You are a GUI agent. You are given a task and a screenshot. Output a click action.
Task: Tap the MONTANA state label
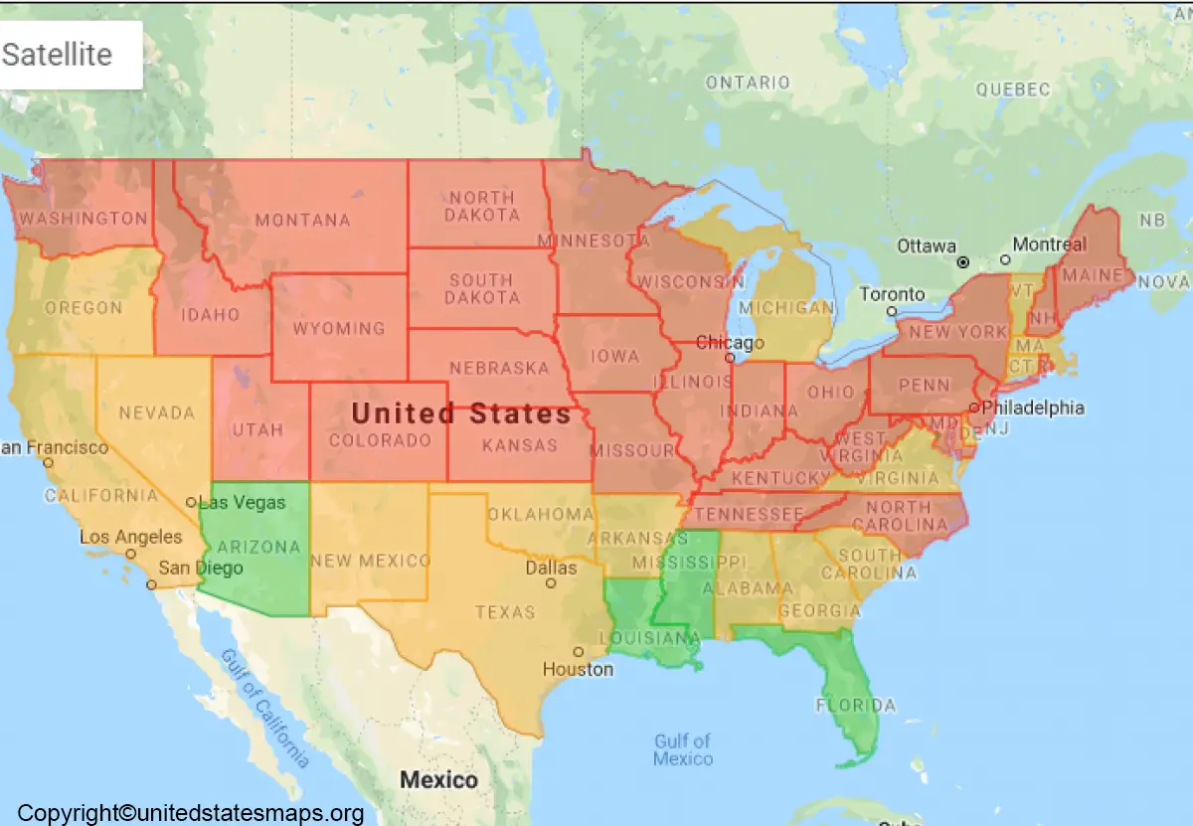pos(302,221)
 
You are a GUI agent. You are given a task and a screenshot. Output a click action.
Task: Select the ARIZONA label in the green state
pos(258,547)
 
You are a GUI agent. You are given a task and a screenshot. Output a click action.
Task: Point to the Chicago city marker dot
pos(730,357)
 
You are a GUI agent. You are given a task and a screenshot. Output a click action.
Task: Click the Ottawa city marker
pos(962,261)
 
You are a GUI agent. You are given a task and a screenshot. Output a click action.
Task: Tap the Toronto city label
pos(892,294)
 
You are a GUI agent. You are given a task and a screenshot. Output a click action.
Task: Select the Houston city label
pos(578,669)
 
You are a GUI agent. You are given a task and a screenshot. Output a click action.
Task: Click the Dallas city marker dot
pos(551,583)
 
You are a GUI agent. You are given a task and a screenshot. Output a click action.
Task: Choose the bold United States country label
pos(461,413)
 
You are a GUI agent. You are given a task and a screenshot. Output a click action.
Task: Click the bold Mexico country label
pos(438,779)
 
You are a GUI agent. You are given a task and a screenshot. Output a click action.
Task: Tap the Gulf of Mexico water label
pos(683,749)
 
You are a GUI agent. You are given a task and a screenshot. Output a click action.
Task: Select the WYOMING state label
pos(339,328)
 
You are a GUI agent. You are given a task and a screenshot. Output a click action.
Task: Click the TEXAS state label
pos(505,612)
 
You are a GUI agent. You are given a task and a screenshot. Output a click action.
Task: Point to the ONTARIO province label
pos(748,83)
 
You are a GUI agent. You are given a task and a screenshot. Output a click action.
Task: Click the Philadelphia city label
pos(1033,408)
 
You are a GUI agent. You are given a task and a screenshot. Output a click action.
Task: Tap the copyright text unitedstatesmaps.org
pos(191,813)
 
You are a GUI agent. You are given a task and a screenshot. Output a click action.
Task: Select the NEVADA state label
pos(156,412)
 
